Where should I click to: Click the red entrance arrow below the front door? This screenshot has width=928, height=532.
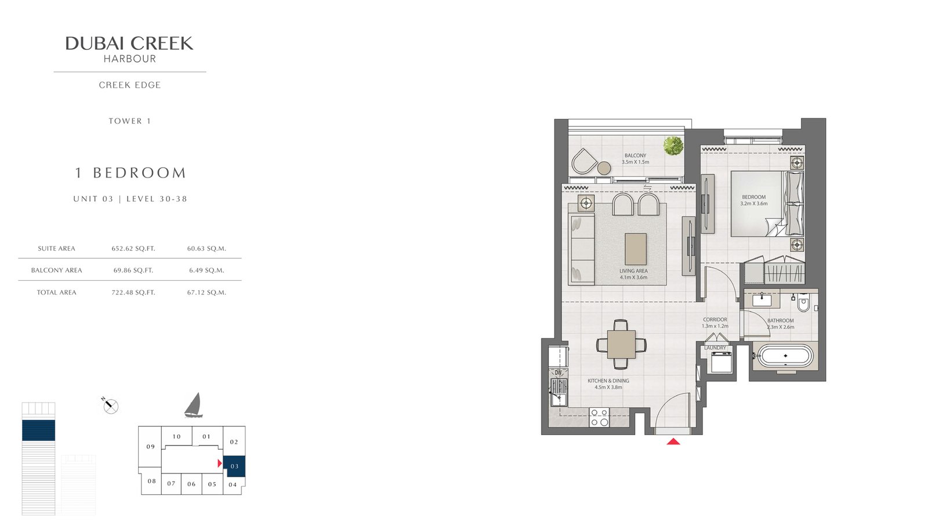click(x=673, y=441)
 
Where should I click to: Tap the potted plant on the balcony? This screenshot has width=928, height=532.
click(x=673, y=146)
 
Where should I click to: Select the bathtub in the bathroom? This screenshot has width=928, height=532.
click(x=785, y=356)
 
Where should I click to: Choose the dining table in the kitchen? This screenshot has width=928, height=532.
click(x=621, y=344)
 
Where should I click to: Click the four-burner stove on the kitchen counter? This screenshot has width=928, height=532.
click(x=599, y=418)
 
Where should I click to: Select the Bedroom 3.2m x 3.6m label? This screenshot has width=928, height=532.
click(x=753, y=201)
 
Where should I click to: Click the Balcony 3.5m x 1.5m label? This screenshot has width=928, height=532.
click(x=635, y=159)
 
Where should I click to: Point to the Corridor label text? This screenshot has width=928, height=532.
click(x=715, y=320)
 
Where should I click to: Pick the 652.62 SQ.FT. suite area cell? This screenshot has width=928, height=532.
click(x=133, y=249)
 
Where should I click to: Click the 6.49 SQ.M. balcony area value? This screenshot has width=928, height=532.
click(x=206, y=270)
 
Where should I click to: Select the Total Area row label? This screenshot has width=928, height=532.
click(x=56, y=292)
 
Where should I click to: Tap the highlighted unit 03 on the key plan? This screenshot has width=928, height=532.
click(x=234, y=466)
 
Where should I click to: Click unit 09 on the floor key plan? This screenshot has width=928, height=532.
click(x=150, y=447)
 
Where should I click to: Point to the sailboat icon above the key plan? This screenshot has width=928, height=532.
click(x=193, y=405)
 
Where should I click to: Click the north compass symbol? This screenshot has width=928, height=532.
click(x=111, y=406)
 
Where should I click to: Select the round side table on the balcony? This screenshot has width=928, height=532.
click(x=604, y=168)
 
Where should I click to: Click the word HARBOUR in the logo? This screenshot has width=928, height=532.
click(x=130, y=59)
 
